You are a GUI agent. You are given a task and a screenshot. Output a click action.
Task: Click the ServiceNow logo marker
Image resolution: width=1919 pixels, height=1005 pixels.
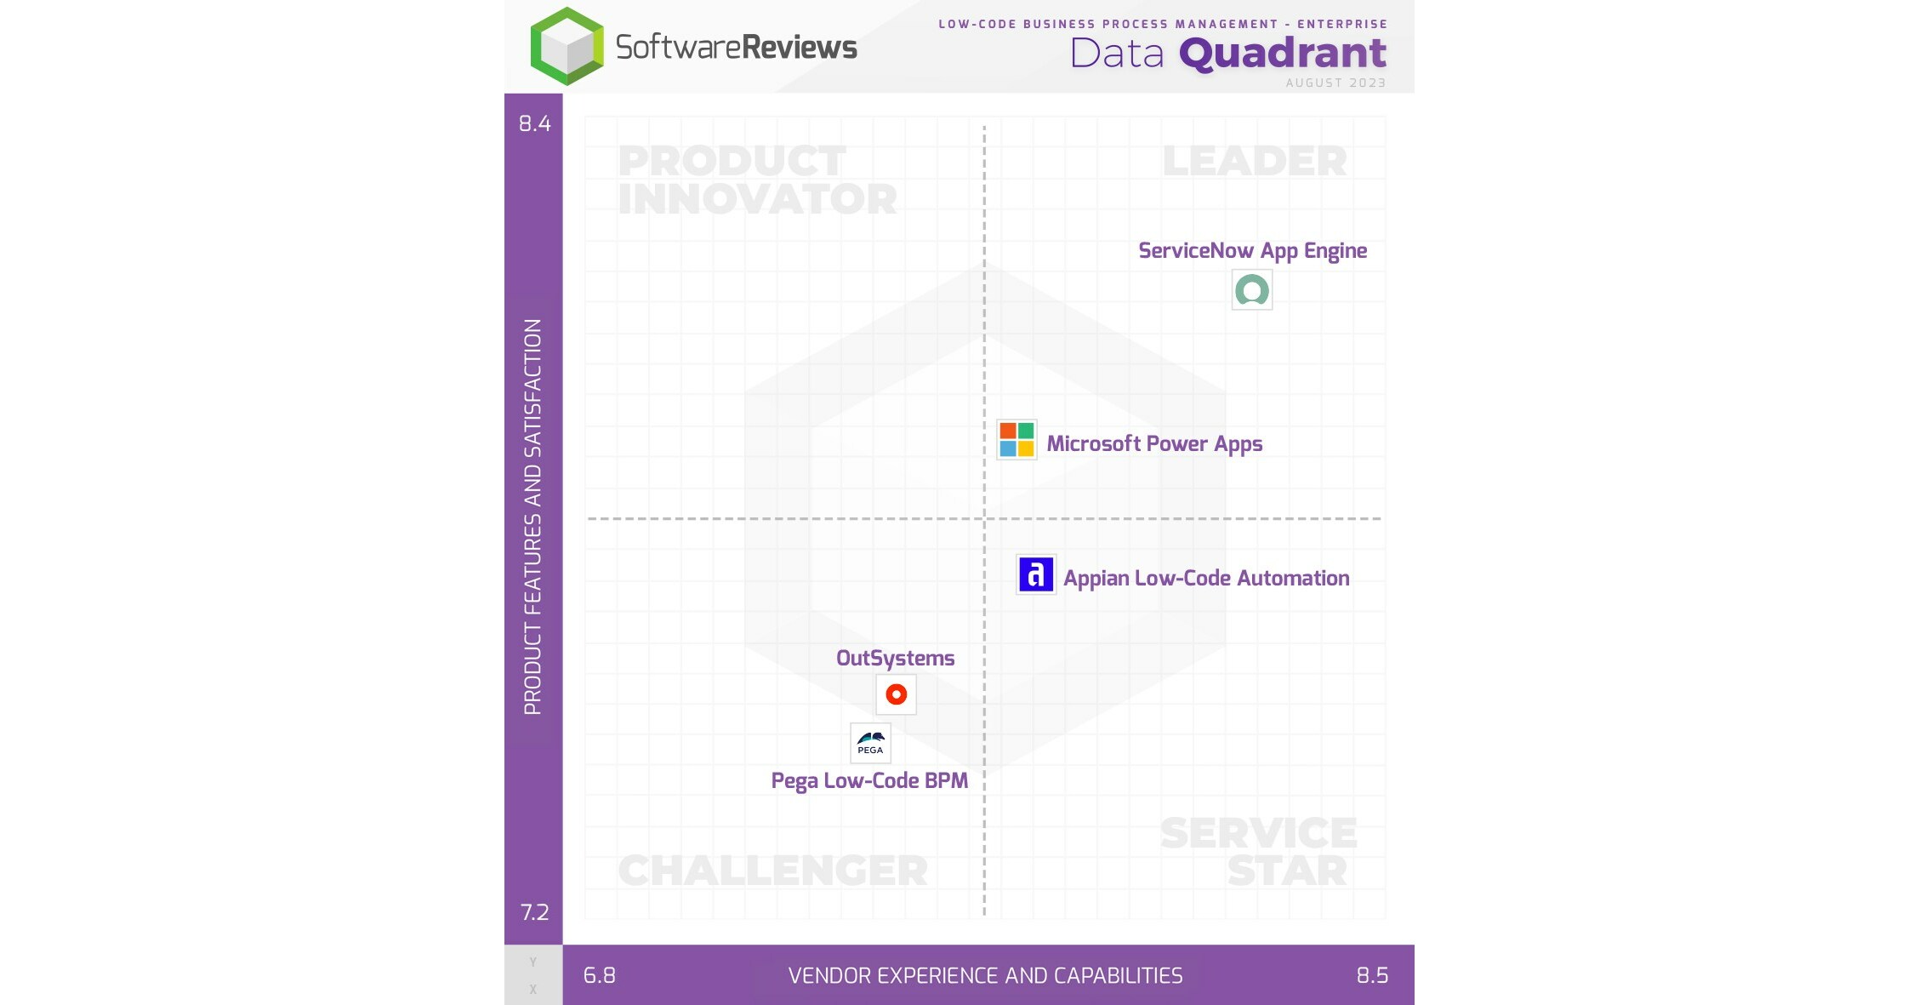click(x=1251, y=291)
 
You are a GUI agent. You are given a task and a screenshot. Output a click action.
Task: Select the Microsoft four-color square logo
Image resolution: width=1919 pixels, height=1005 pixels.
click(x=1016, y=440)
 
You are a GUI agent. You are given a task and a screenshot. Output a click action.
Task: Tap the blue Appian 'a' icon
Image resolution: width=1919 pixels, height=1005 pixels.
click(x=1035, y=575)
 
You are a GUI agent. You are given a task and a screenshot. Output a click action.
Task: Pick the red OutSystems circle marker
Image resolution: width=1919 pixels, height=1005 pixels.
click(x=896, y=694)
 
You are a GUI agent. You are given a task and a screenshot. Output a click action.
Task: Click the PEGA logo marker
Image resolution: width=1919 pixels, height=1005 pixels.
click(x=870, y=744)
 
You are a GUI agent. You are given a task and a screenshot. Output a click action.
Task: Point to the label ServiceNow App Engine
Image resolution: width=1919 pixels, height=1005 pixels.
click(x=1252, y=251)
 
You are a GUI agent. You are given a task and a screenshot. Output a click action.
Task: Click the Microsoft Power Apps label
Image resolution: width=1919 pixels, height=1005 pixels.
click(x=1153, y=444)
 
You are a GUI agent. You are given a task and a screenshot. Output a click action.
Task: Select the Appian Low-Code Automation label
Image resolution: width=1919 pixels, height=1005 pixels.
click(x=1205, y=579)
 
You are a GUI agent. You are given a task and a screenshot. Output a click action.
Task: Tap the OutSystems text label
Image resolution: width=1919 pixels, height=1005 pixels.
click(x=895, y=659)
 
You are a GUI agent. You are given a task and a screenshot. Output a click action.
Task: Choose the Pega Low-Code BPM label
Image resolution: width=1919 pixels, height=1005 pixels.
click(x=868, y=781)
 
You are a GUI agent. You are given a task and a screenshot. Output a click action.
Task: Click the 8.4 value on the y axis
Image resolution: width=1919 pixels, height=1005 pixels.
click(x=534, y=124)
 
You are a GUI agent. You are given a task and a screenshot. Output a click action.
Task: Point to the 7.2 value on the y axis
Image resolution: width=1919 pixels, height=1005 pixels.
click(x=534, y=912)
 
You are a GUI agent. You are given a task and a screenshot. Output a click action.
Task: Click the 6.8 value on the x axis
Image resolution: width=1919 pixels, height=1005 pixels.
click(x=599, y=975)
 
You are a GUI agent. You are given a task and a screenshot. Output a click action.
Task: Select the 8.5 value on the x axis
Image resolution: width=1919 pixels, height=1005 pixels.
click(x=1371, y=975)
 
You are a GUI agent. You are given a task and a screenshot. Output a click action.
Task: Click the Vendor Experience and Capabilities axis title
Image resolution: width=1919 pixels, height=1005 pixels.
click(x=985, y=975)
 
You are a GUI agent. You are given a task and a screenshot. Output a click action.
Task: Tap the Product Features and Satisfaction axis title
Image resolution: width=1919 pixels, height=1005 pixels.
click(x=532, y=517)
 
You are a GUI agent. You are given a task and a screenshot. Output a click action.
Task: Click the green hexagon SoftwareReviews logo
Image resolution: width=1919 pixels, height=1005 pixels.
click(x=567, y=46)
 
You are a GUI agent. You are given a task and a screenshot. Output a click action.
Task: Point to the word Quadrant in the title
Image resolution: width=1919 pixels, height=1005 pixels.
click(x=1282, y=54)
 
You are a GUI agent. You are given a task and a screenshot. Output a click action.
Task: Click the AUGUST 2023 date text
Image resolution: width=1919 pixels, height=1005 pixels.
click(x=1335, y=83)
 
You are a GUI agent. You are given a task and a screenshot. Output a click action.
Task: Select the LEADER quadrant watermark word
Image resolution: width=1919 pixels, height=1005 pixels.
click(x=1254, y=162)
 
